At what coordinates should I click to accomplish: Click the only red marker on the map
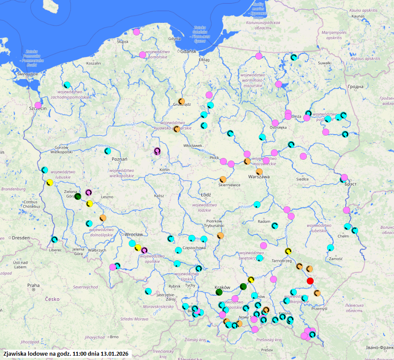click(x=310, y=281)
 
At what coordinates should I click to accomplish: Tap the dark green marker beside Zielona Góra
click(x=78, y=196)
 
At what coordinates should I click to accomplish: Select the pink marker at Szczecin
click(x=38, y=105)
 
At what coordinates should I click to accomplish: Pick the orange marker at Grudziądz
click(x=182, y=101)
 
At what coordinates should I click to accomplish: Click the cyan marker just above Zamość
click(x=330, y=248)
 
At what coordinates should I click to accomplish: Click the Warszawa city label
click(x=259, y=177)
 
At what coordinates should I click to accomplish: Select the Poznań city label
click(x=120, y=159)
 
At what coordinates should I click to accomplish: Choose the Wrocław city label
click(x=133, y=234)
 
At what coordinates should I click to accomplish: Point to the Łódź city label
click(x=206, y=195)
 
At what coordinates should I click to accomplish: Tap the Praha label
click(x=33, y=285)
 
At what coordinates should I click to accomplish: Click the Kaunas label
click(x=359, y=16)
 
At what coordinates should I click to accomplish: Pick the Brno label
click(x=114, y=337)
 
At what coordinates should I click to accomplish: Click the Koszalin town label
click(x=93, y=63)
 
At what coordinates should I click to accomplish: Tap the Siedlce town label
click(x=302, y=179)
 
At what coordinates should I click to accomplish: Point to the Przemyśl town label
click(x=319, y=309)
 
